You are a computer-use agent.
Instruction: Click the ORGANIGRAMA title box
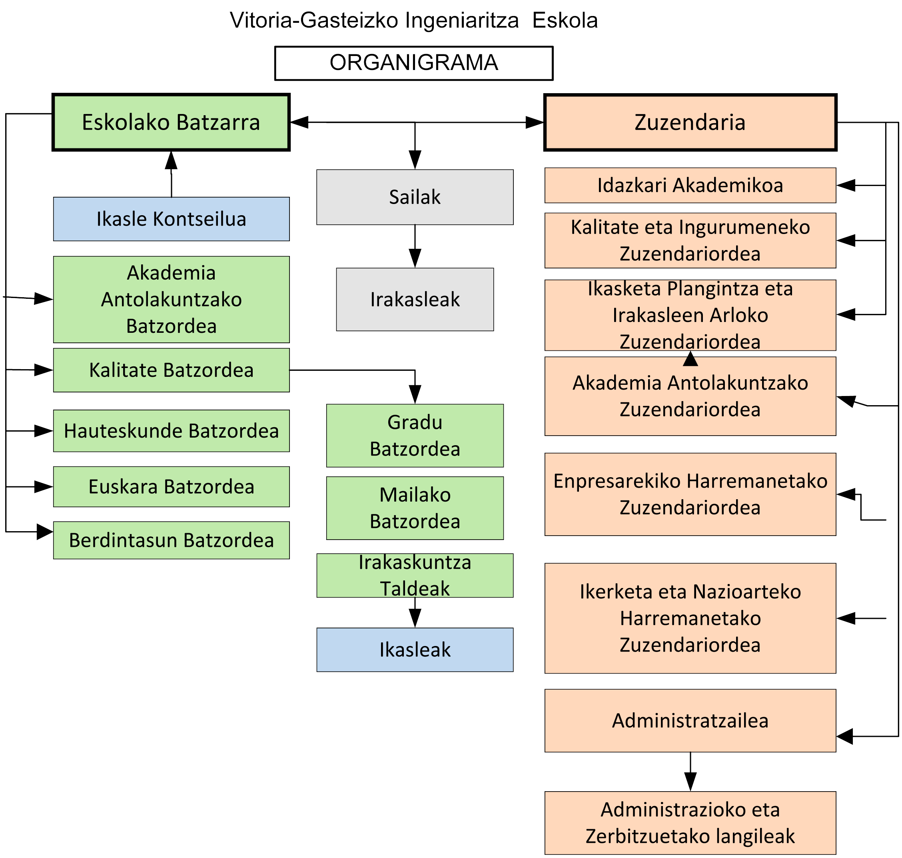[413, 63]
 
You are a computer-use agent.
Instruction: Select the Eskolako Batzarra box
[171, 122]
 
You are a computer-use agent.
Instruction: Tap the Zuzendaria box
[689, 122]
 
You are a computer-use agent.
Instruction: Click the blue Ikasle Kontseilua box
[171, 219]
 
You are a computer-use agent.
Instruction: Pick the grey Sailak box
[415, 197]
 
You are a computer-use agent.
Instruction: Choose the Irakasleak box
[415, 299]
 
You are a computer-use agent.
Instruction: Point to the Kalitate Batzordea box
[171, 370]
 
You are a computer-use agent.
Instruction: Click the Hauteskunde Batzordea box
[171, 431]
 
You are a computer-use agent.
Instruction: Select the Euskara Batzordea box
[171, 487]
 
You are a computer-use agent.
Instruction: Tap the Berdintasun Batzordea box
[171, 540]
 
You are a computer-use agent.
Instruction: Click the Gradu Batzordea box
[415, 436]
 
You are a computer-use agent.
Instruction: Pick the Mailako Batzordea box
[415, 508]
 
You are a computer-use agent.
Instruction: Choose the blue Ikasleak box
[415, 650]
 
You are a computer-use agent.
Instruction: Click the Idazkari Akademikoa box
[689, 185]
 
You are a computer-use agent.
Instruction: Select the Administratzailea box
[689, 721]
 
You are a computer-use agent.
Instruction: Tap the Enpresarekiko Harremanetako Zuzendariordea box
[689, 494]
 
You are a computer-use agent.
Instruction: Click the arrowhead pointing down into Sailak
[415, 160]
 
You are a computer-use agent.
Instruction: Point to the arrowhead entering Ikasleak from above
[415, 618]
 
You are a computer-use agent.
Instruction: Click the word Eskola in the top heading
[565, 20]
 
